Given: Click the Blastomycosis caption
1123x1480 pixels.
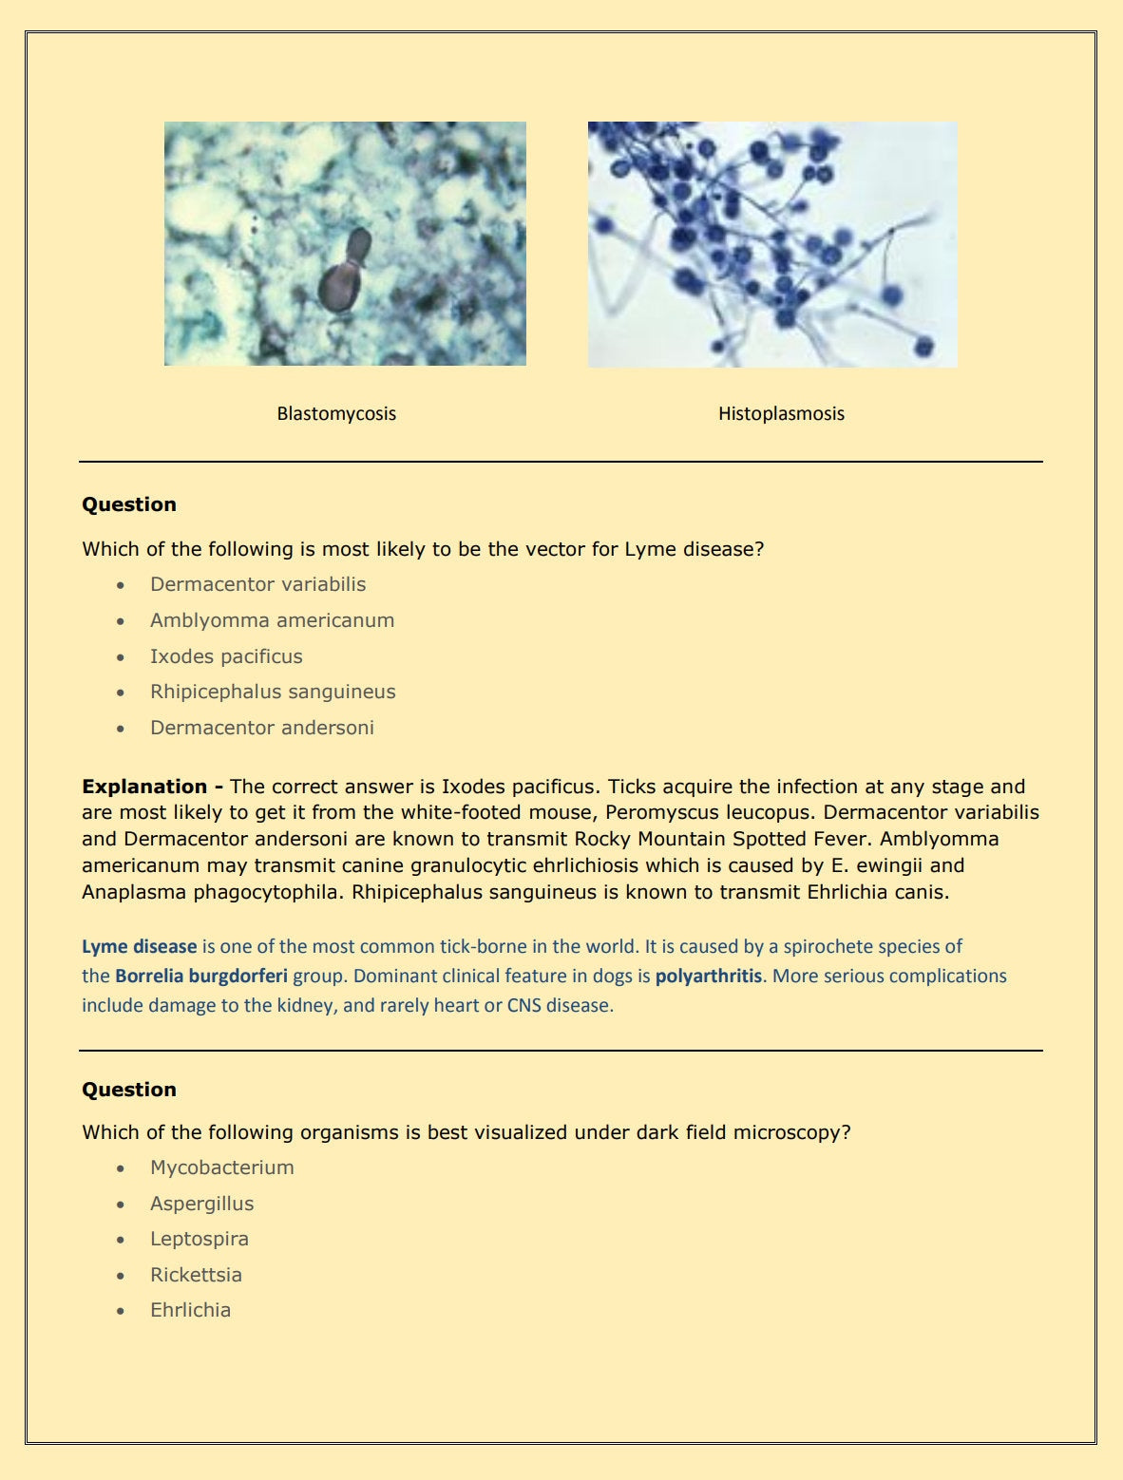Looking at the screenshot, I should click(336, 413).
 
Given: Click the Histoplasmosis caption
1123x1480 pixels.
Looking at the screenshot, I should click(781, 413).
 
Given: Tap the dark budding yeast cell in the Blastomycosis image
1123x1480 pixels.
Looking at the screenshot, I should click(339, 283).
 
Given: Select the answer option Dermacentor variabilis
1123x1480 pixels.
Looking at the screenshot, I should click(257, 584).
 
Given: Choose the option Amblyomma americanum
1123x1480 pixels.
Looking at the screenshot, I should click(272, 620).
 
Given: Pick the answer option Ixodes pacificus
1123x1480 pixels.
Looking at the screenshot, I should click(226, 656).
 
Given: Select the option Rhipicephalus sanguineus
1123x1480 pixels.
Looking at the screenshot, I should click(273, 692).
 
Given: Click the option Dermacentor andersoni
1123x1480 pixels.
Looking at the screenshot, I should click(261, 728).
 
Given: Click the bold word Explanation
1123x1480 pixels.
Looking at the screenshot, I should click(144, 787).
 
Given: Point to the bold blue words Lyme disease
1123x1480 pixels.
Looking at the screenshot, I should click(139, 946).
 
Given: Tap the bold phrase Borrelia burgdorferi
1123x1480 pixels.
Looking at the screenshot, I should click(201, 976).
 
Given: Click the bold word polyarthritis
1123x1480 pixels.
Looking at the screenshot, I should click(709, 976).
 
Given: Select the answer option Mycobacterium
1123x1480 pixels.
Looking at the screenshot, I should click(221, 1167).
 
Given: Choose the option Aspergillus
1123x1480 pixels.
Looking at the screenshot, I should click(201, 1204).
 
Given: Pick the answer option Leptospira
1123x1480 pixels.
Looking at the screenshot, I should click(199, 1239).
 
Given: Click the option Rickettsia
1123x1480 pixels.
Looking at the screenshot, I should click(196, 1275).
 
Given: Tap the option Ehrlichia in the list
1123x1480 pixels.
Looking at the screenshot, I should click(190, 1310).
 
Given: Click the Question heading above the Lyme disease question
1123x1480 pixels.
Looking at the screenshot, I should click(129, 504).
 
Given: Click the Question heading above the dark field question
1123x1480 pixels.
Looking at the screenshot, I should click(129, 1090).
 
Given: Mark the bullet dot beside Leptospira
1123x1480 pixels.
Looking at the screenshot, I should click(120, 1240).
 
